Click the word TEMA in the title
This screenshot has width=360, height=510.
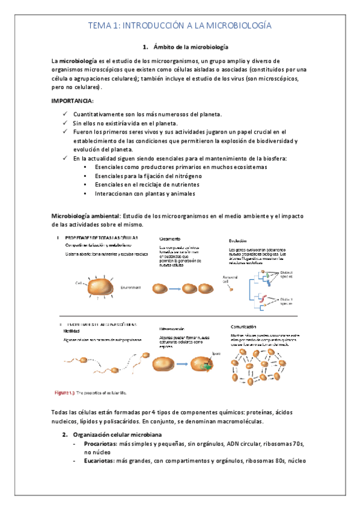click(x=99, y=26)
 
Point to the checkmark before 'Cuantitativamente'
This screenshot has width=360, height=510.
click(x=64, y=114)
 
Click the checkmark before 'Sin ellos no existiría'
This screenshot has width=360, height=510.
click(x=64, y=123)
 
